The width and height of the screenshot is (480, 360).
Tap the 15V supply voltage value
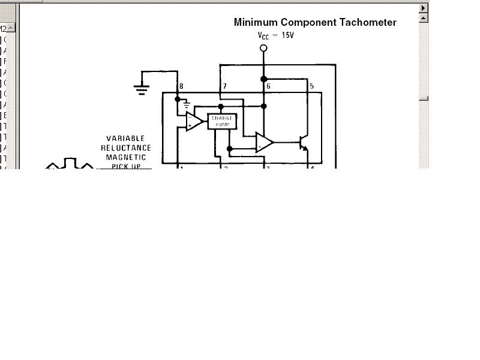[x=287, y=35]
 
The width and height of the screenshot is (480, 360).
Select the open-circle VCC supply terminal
[x=263, y=47]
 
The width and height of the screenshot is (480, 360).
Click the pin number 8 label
[x=181, y=86]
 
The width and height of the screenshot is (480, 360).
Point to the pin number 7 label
[x=224, y=86]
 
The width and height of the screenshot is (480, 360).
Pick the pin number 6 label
[x=268, y=86]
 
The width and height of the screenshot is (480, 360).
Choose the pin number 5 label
[x=311, y=86]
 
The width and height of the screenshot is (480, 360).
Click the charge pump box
[x=222, y=121]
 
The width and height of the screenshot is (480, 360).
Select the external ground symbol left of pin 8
[x=142, y=89]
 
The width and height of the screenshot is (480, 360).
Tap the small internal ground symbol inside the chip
[x=187, y=103]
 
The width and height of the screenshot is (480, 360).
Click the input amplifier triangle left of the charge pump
[x=193, y=121]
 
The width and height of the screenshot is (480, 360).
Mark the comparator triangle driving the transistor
[x=264, y=142]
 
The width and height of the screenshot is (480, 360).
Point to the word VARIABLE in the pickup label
[x=125, y=139]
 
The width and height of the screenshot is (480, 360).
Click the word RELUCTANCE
[x=125, y=148]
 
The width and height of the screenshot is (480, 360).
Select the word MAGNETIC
[x=125, y=157]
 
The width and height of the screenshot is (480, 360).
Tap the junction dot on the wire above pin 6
[x=263, y=79]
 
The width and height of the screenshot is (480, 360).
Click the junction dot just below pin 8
[x=178, y=99]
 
